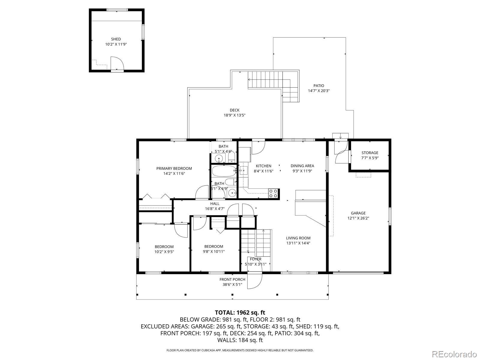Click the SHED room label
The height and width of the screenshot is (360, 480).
tap(116, 39)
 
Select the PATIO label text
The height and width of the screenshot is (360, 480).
tap(319, 86)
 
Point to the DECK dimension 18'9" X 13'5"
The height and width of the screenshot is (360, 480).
tap(234, 115)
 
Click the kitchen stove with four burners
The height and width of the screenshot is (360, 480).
tap(273, 193)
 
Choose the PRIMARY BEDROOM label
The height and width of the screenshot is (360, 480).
tap(174, 169)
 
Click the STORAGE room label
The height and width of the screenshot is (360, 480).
tap(370, 153)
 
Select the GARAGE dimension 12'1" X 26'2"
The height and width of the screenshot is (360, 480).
tap(358, 218)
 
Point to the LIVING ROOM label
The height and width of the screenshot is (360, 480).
tap(298, 238)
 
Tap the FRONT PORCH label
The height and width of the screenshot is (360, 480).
tap(232, 280)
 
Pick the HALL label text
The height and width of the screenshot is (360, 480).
tap(215, 204)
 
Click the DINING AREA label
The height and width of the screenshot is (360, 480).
tap(302, 166)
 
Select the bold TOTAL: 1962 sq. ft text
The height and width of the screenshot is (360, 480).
tap(240, 313)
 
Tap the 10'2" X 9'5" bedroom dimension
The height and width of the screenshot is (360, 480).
tap(164, 252)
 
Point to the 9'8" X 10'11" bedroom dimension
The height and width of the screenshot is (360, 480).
tap(214, 252)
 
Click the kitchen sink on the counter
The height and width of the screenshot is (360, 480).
tap(243, 170)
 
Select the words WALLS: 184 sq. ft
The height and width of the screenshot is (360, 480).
tap(240, 340)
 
